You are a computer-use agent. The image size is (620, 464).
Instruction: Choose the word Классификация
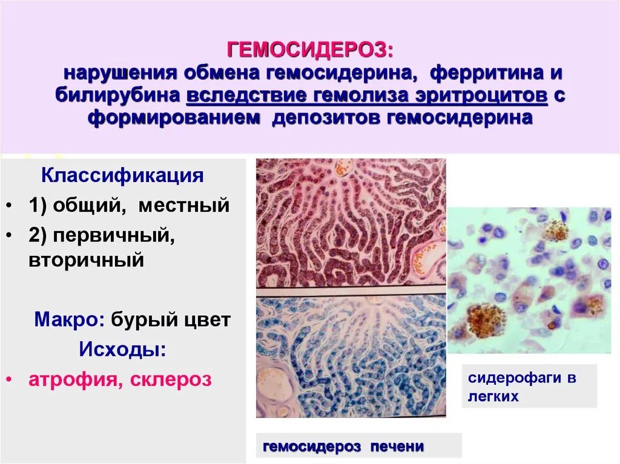[x=122, y=177]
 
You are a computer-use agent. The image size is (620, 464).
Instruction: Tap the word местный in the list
[x=184, y=205]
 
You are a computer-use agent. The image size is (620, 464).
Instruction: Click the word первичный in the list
[x=112, y=235]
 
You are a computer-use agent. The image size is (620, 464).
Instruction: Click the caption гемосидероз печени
[x=343, y=447]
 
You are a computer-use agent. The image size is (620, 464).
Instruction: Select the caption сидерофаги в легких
[x=522, y=387]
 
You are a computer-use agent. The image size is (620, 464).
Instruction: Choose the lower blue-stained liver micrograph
[x=351, y=356]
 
